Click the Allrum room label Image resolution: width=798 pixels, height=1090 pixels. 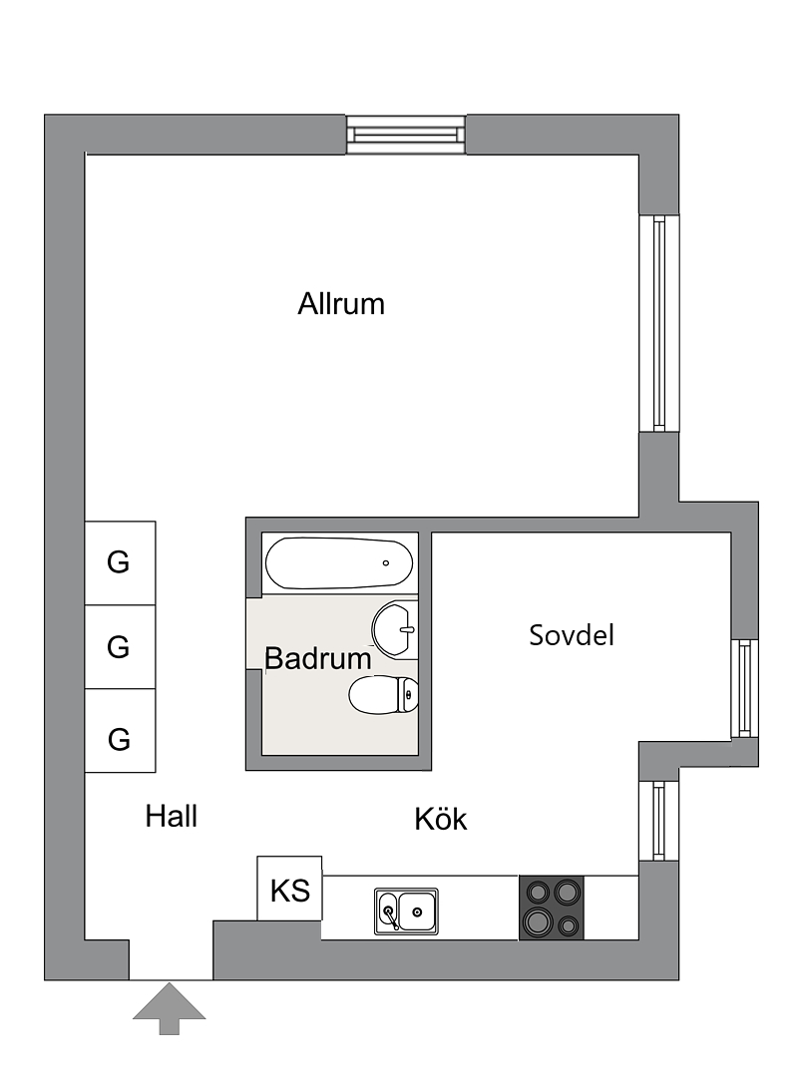(x=340, y=304)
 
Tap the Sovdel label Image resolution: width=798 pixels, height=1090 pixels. (x=572, y=635)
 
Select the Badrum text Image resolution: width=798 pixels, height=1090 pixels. (x=317, y=658)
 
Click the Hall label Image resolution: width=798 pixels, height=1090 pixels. (x=171, y=816)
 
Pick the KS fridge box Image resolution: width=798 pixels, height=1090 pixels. (x=289, y=889)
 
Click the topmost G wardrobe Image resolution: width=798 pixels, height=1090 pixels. (x=120, y=562)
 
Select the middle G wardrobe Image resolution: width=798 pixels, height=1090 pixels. (x=120, y=646)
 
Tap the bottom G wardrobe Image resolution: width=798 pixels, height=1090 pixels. (x=120, y=731)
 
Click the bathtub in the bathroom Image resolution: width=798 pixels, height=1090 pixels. (x=339, y=563)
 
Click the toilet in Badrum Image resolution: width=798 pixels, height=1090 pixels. (x=384, y=695)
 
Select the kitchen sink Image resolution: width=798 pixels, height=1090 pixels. (x=406, y=911)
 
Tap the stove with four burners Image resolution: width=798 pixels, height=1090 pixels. (x=552, y=908)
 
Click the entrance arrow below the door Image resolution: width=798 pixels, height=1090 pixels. (x=169, y=1008)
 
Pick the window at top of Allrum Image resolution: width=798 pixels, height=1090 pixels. (x=406, y=134)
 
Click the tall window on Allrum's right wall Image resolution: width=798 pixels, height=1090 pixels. (x=659, y=323)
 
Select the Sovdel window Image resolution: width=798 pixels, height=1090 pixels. (x=744, y=688)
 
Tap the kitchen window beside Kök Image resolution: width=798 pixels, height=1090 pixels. (x=659, y=821)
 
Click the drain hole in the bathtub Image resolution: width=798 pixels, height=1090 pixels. (x=386, y=563)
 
